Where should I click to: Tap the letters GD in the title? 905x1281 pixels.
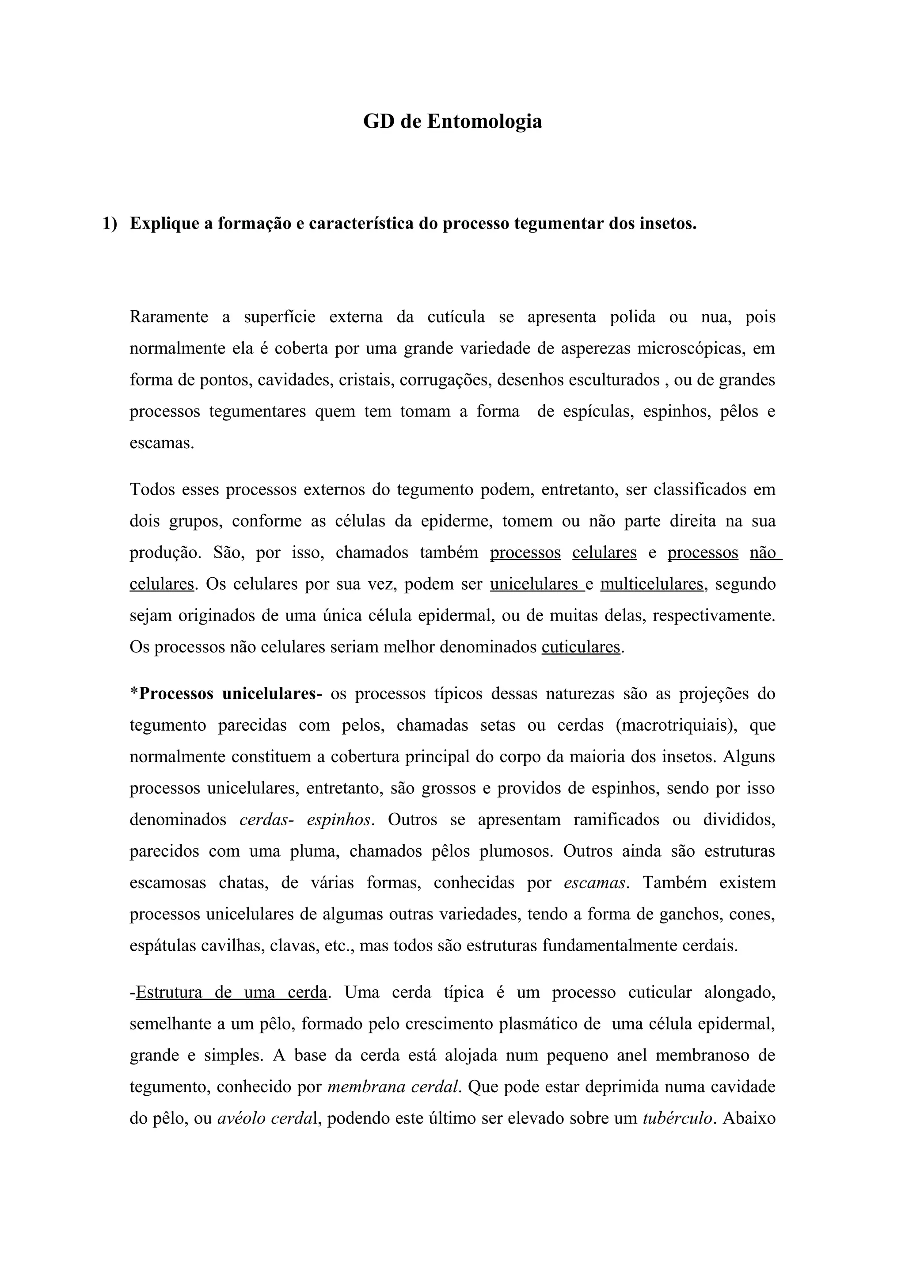tap(379, 122)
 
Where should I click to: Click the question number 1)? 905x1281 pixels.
tap(110, 224)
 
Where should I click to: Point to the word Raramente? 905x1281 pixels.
tap(168, 317)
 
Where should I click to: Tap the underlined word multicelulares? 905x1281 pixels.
tap(651, 584)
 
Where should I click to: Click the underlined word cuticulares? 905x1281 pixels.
tap(581, 647)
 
